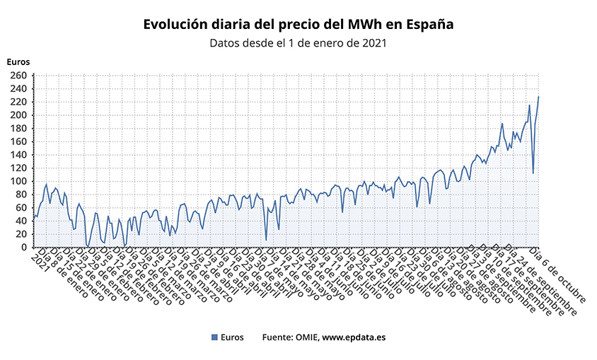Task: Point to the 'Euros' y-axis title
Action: (x=18, y=62)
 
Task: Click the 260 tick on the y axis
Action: (x=19, y=75)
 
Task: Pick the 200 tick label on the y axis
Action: (x=19, y=115)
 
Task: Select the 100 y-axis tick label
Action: (x=19, y=181)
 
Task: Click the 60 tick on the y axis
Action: (x=21, y=208)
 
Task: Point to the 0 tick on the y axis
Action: (x=24, y=248)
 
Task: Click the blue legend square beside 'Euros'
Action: (x=215, y=337)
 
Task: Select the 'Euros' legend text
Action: (x=233, y=337)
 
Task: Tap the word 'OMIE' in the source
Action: (x=305, y=337)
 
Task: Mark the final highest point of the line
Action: (x=538, y=97)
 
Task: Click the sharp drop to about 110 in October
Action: (x=533, y=173)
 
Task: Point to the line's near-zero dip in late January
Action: (x=87, y=246)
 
